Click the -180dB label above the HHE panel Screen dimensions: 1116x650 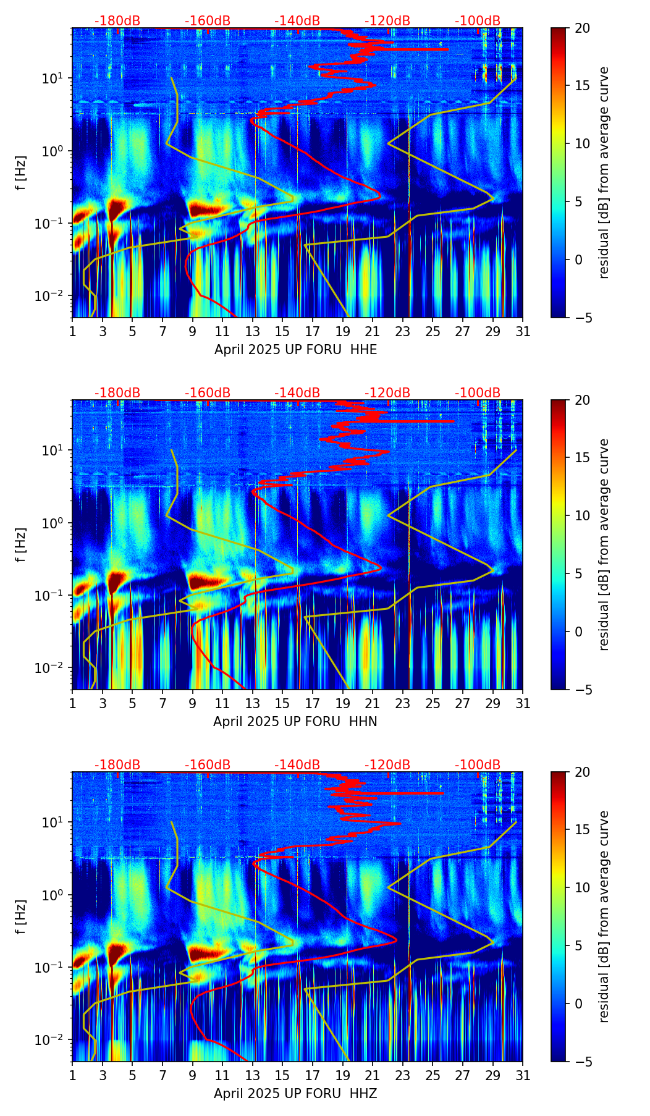click(117, 21)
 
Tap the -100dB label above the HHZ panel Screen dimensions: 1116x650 click(478, 765)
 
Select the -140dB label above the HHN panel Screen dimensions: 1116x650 click(297, 393)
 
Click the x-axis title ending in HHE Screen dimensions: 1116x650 click(295, 350)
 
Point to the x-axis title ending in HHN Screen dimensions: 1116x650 click(295, 722)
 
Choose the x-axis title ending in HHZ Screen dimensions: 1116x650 click(295, 1094)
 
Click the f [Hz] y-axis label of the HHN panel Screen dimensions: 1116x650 click(20, 544)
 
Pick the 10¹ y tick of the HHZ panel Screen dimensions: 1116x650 click(56, 822)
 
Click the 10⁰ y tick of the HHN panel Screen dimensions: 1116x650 click(56, 523)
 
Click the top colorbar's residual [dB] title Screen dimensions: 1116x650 click(604, 172)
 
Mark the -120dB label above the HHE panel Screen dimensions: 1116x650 click(387, 21)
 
